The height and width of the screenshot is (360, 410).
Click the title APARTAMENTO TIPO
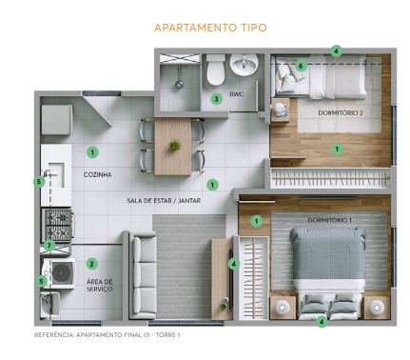[x=210, y=28]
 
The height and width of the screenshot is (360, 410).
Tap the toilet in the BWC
[x=216, y=70]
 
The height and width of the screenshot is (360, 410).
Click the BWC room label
[x=237, y=94]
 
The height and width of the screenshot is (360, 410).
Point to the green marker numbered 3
[x=216, y=98]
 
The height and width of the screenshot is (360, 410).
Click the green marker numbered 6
[x=301, y=66]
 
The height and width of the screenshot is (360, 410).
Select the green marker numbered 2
[x=92, y=263]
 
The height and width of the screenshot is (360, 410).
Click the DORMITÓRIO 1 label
[x=330, y=221]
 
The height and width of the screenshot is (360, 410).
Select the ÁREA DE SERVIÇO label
[x=100, y=286]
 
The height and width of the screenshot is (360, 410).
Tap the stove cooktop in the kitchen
[x=56, y=224]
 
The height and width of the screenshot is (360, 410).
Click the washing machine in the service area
[x=63, y=272]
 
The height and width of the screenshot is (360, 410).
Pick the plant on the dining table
[x=173, y=146]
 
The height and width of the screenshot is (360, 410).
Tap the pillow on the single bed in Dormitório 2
[x=285, y=78]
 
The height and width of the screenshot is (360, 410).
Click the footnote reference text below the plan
[x=107, y=335]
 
